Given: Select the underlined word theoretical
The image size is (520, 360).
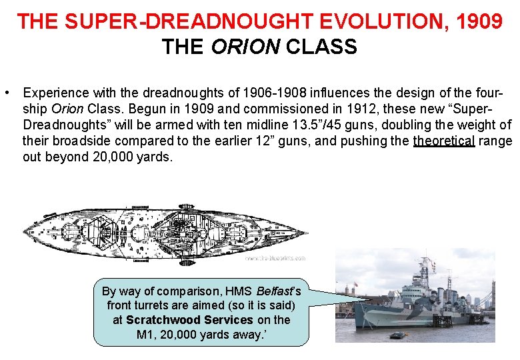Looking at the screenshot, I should click(x=444, y=141).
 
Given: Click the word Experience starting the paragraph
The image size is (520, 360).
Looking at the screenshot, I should click(x=54, y=91).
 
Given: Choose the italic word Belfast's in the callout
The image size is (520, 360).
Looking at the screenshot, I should click(x=274, y=291).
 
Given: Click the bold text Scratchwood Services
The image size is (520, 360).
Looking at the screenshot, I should click(x=189, y=319).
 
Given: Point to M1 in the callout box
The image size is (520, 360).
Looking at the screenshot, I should click(x=145, y=333).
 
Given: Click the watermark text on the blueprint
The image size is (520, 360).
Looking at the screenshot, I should click(x=275, y=258).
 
